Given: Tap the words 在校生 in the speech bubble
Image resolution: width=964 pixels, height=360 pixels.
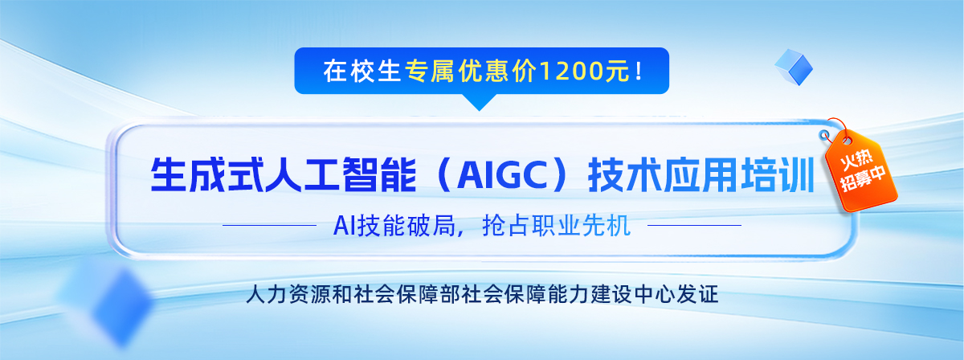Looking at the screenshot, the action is point(362,71).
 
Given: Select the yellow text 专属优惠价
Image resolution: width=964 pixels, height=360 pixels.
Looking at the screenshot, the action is point(472,71).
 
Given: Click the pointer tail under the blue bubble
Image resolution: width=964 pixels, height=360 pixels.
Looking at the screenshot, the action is point(479,102).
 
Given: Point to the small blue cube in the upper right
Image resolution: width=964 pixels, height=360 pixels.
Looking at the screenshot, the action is point(794,67).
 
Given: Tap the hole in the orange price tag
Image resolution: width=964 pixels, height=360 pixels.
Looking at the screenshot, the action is point(847,141).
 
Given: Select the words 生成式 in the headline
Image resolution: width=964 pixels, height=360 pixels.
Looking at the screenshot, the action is point(207,175).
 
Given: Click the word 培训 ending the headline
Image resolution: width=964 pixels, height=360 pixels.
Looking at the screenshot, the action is point(778,175).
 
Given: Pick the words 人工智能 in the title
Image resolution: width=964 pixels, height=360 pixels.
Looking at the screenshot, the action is point(341,175).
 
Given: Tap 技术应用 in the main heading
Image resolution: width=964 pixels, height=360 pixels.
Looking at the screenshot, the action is point(664,175).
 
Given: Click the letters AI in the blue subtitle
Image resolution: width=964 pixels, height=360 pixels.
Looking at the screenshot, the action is point(345,226).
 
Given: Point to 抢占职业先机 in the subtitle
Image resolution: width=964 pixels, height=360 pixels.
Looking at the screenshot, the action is point(556,225).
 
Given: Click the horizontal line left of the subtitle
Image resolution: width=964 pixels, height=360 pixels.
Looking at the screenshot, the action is point(269,225).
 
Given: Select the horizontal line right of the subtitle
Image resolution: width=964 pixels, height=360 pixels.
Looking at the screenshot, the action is point(694,225).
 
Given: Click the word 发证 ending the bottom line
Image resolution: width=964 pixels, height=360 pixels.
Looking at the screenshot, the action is point(697,295).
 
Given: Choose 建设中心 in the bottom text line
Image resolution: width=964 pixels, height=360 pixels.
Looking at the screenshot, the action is point(633,295).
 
